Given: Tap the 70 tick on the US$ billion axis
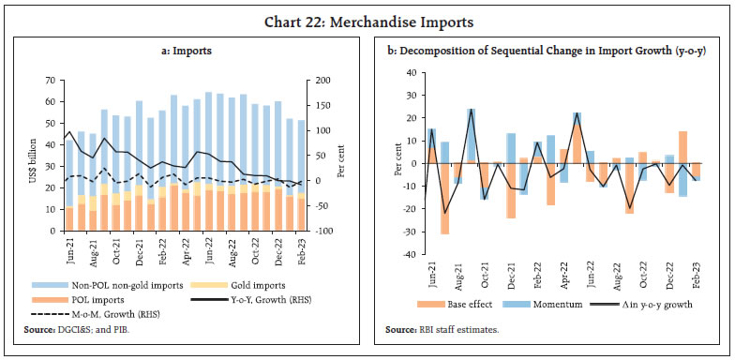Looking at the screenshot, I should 47,81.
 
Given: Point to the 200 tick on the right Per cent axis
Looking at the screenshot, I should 323,81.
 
